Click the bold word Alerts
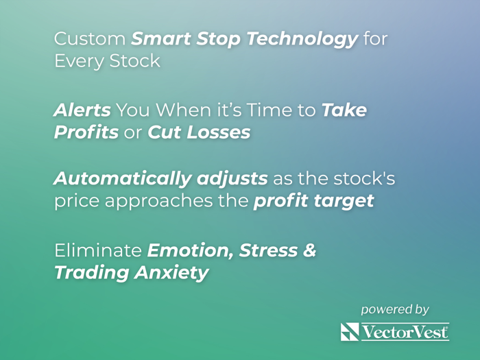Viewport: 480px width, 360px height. tap(82, 110)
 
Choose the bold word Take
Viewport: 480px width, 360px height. tap(344, 110)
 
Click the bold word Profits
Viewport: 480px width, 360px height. tap(86, 132)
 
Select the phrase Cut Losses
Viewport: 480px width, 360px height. tap(199, 132)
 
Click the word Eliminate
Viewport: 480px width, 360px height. tap(98, 250)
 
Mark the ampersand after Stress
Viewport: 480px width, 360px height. tap(309, 250)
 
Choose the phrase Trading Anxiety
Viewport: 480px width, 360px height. tap(131, 272)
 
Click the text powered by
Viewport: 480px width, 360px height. tap(395, 309)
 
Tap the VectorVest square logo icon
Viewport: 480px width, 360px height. tap(350, 333)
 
